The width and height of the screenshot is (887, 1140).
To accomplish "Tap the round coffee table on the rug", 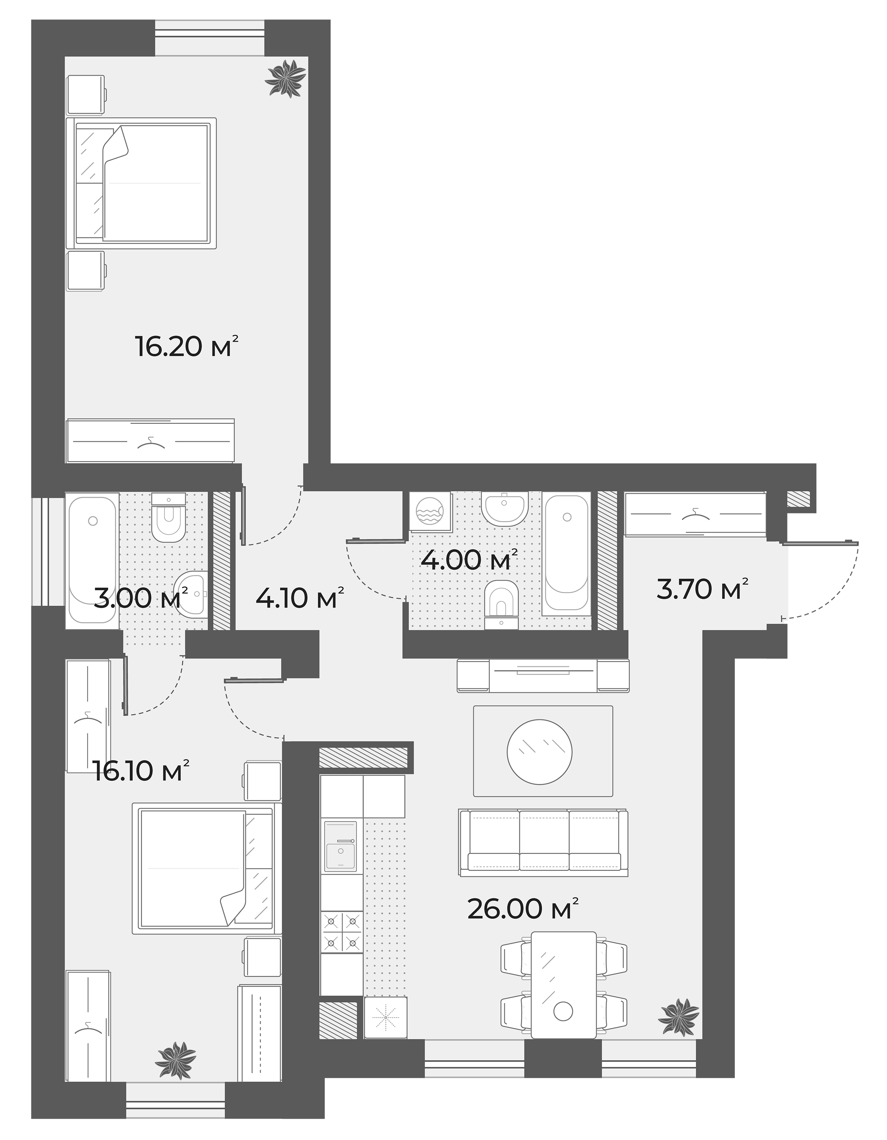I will [x=539, y=752].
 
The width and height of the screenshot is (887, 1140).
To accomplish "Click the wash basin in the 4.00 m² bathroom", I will [x=503, y=509].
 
